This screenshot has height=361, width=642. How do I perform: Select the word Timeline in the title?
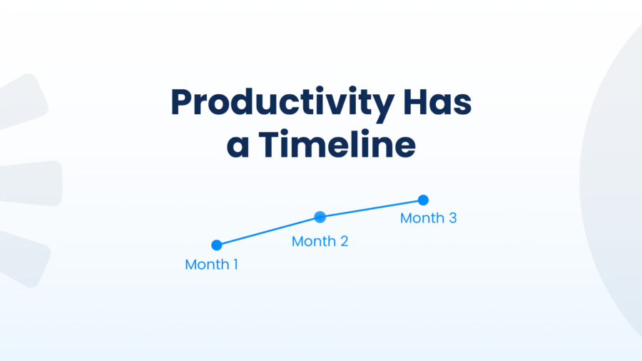[337, 145]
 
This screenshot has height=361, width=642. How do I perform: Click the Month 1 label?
[211, 265]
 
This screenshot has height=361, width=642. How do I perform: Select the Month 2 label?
[320, 241]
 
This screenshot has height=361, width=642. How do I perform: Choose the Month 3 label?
[428, 218]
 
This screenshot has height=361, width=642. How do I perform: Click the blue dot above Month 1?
[217, 245]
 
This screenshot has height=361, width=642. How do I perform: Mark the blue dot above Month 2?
[320, 217]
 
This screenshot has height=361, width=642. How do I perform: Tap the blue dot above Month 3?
[423, 200]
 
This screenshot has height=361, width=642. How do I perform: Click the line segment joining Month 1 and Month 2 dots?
[268, 231]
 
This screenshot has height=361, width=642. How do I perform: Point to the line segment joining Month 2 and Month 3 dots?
[372, 208]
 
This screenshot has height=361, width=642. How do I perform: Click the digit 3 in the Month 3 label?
[452, 218]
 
